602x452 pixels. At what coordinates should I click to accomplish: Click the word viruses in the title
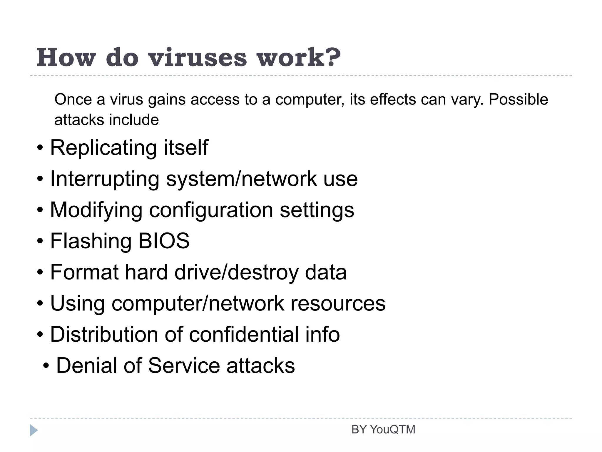click(198, 57)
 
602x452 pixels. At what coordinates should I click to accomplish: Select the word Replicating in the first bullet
click(103, 148)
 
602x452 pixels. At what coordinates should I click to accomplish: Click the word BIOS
click(164, 241)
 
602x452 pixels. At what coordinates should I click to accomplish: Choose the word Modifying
click(96, 210)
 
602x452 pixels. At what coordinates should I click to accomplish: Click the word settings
click(317, 210)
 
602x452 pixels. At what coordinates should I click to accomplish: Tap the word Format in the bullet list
click(84, 272)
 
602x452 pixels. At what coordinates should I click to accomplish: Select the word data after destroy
click(326, 272)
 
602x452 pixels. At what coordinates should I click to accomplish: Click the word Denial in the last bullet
click(87, 366)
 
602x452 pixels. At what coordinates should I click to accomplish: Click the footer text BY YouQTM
click(383, 430)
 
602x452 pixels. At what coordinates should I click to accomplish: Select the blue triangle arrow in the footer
click(34, 430)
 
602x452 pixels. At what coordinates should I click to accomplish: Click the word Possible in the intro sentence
click(518, 99)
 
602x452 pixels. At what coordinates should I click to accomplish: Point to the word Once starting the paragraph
click(73, 99)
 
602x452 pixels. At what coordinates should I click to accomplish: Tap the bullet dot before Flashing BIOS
click(40, 242)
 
